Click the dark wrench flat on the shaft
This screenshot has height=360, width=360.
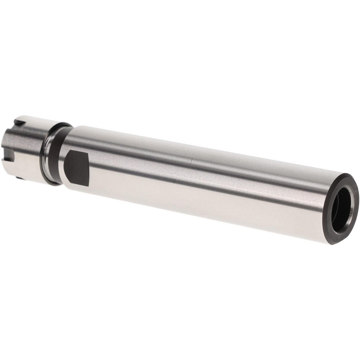[x=77, y=168]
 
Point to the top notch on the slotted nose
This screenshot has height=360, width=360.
[x=19, y=123]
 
